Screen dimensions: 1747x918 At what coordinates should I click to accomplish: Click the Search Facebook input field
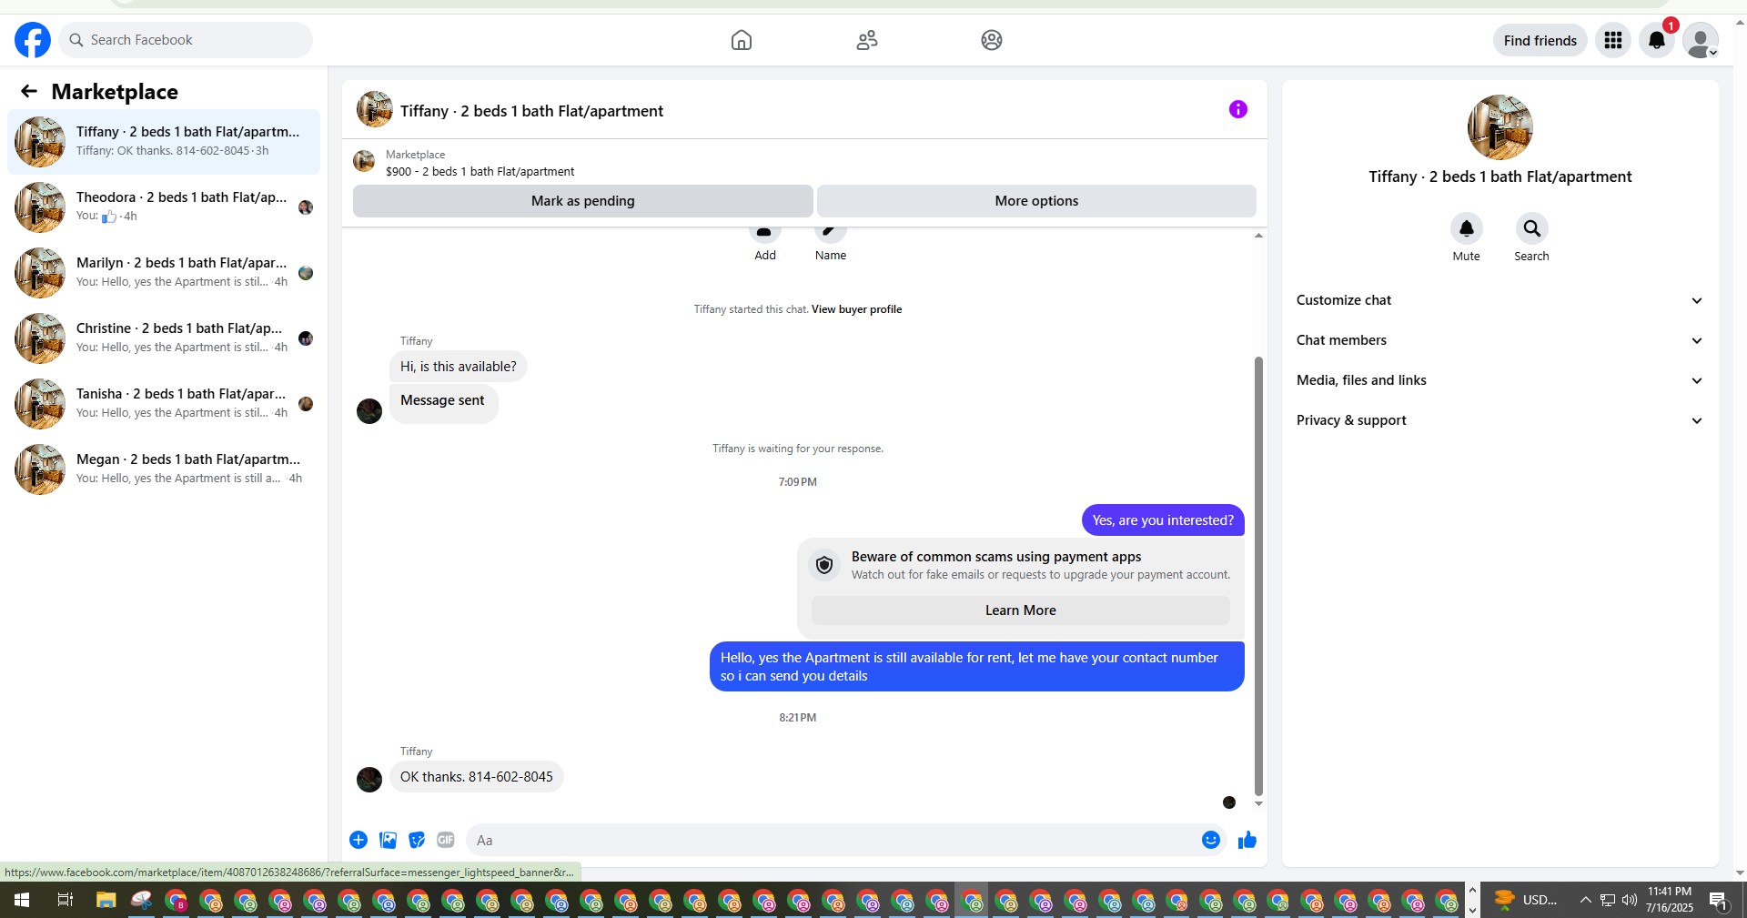point(187,40)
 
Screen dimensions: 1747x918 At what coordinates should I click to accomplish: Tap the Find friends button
point(1540,40)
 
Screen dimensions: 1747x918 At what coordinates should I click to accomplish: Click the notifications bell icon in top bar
point(1657,40)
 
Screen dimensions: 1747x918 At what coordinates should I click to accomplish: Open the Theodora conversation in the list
point(164,207)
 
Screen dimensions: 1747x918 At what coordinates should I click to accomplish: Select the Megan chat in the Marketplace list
point(164,469)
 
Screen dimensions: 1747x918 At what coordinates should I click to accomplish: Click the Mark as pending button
point(583,201)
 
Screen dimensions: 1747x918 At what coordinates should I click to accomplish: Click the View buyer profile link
point(856,309)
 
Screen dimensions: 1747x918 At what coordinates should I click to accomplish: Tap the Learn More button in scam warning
point(1021,610)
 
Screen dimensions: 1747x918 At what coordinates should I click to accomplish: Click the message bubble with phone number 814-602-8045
point(477,777)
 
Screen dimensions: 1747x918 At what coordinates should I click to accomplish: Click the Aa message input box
point(833,840)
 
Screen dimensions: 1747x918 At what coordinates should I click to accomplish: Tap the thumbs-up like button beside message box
point(1247,840)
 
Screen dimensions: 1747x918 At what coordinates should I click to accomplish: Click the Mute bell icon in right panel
point(1466,228)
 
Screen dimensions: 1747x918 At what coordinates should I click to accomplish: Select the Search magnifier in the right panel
point(1531,228)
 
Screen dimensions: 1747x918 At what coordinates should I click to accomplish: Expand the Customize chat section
point(1499,300)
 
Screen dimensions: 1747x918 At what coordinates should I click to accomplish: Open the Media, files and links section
point(1499,380)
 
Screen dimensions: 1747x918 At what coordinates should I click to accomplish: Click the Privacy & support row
point(1499,420)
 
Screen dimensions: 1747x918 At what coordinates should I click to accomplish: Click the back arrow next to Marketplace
point(29,91)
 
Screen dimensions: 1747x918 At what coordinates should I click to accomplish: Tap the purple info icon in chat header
point(1238,109)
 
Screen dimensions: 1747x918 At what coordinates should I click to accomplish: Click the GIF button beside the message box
point(446,840)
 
